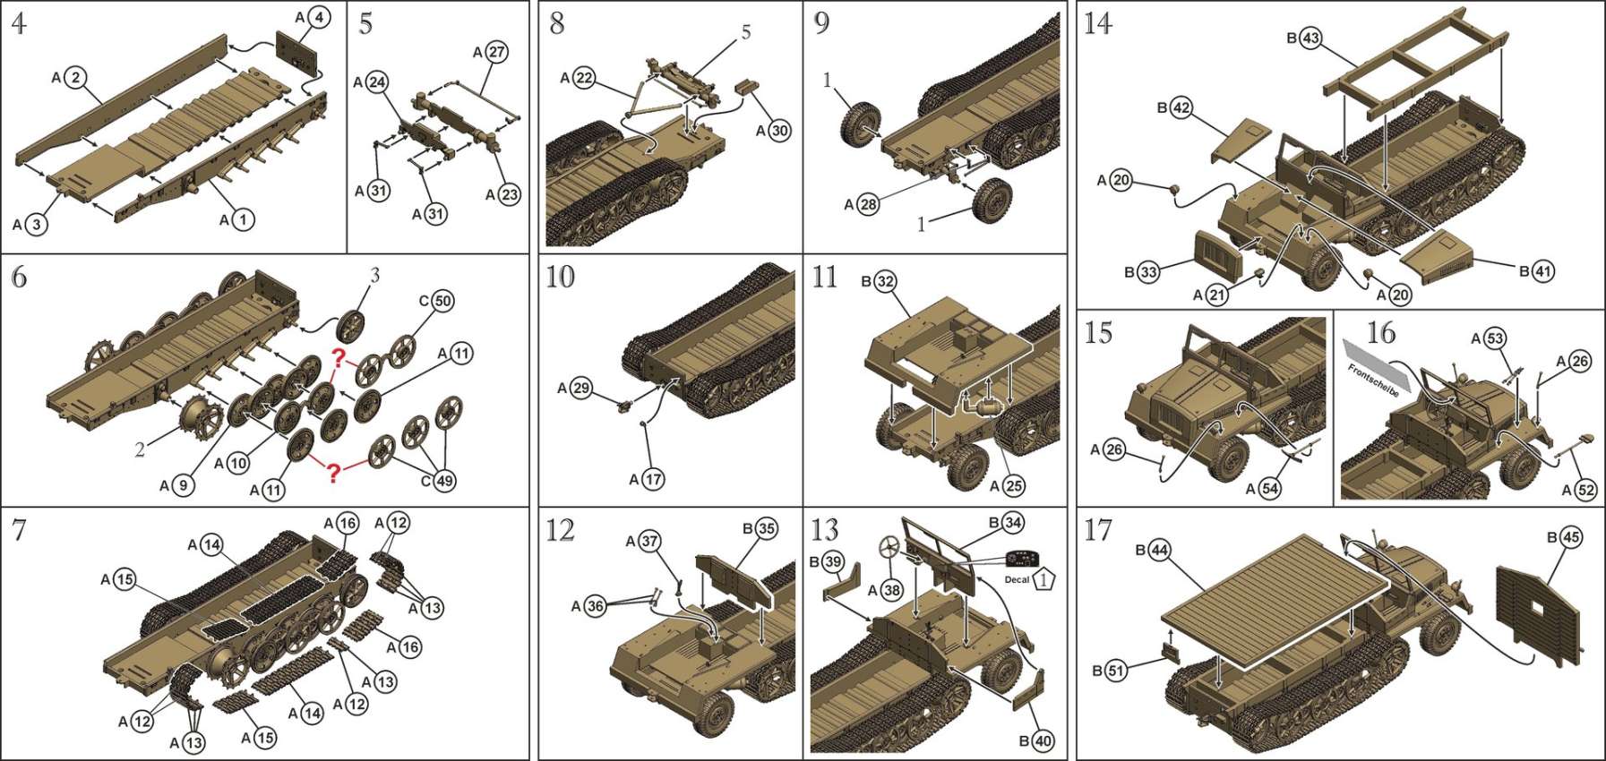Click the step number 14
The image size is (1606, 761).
(x=1098, y=22)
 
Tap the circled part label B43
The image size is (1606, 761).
(x=1311, y=38)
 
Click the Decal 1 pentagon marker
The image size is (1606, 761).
(x=1044, y=579)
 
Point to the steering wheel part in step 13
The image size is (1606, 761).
(x=890, y=549)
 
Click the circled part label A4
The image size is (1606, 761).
(x=318, y=17)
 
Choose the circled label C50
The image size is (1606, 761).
(x=442, y=302)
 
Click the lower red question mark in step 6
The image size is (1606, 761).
(x=333, y=472)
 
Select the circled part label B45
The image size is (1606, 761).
(x=1570, y=537)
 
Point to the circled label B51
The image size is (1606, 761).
(x=1115, y=671)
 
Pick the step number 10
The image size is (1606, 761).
(x=560, y=277)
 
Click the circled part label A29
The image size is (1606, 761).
(x=581, y=389)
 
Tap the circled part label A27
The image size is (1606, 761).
(x=496, y=52)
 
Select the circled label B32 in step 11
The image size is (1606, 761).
(x=884, y=282)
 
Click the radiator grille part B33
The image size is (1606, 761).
(x=1217, y=254)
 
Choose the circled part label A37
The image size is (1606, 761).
(x=649, y=541)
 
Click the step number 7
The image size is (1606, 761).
(x=19, y=530)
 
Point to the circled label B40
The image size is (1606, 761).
(x=1043, y=740)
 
